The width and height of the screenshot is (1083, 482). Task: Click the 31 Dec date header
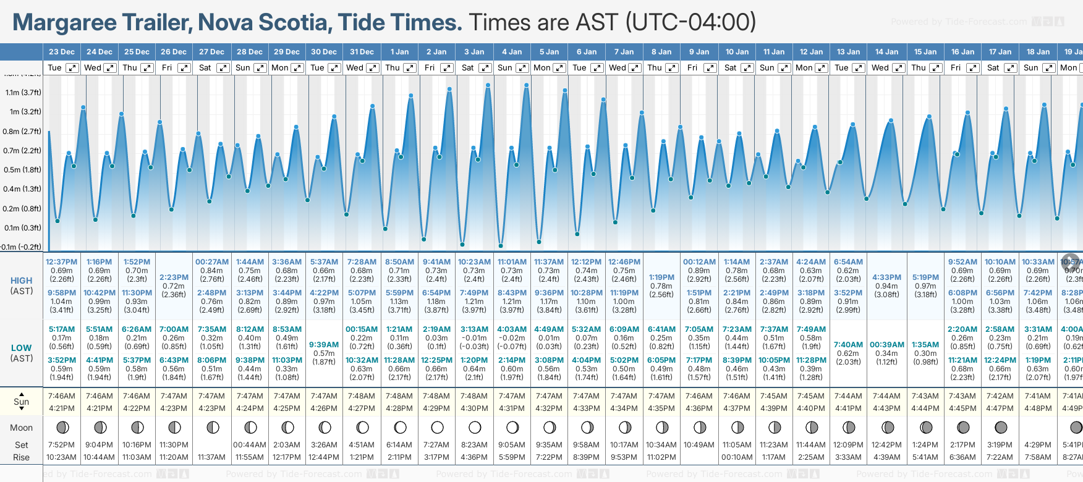point(362,52)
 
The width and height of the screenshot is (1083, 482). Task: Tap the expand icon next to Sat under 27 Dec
point(223,68)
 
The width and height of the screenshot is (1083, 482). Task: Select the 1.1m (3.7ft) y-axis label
point(23,93)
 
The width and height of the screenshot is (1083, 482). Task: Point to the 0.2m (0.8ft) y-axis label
point(22,209)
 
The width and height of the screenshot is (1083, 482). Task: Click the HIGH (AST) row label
point(22,285)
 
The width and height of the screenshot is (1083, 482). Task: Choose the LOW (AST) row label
point(22,353)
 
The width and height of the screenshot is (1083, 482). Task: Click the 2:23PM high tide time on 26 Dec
point(174,277)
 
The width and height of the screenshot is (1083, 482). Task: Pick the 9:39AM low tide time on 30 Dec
point(324,345)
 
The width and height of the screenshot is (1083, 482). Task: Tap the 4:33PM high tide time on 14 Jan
point(886,277)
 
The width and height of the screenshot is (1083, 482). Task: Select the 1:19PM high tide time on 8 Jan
point(661,277)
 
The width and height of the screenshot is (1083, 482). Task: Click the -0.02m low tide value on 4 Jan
point(512,338)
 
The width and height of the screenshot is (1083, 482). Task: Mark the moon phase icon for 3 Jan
point(475,427)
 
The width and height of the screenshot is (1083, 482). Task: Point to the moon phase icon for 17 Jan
point(1001,427)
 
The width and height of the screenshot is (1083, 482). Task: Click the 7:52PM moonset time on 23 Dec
point(61,445)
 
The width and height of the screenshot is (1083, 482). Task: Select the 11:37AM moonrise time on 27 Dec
point(211,457)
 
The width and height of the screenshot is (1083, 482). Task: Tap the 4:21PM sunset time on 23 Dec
point(61,408)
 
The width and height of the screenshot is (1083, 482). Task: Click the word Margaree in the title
point(65,23)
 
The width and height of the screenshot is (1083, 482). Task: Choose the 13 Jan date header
point(849,52)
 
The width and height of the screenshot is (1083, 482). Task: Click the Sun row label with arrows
point(22,401)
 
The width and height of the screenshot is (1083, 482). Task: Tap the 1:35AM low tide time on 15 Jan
point(925,345)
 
